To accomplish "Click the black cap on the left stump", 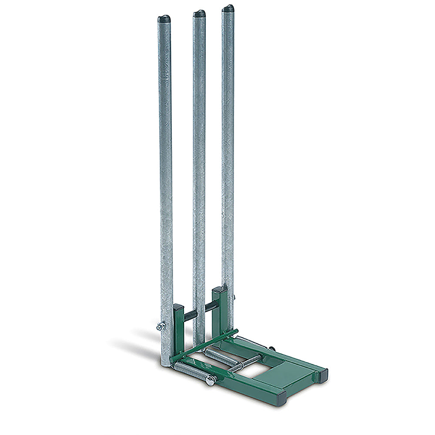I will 164,19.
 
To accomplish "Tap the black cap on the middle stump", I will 199,13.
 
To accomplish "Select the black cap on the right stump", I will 228,8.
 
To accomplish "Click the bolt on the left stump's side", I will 161,325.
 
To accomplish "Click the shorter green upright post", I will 179,331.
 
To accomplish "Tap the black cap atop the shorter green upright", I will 178,308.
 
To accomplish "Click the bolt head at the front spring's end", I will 210,380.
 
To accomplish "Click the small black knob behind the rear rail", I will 272,348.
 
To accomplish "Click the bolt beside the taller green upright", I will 234,298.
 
